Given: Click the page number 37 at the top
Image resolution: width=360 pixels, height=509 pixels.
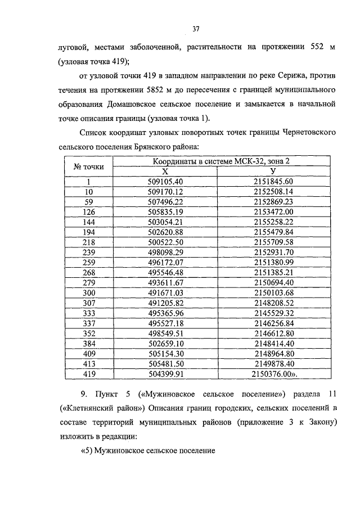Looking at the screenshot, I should point(196,29).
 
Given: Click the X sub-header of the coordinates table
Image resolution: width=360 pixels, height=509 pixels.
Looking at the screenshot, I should point(165,172).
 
